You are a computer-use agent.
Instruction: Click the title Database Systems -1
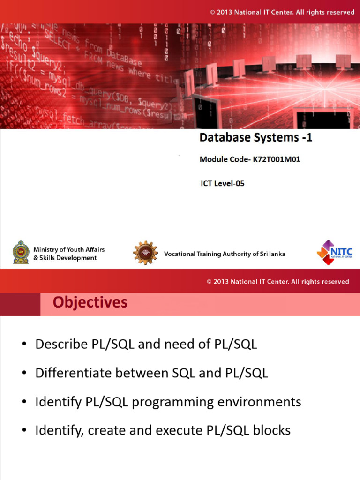[256, 138]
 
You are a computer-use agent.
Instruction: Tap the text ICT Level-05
[223, 184]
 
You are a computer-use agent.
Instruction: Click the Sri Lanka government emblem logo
[21, 253]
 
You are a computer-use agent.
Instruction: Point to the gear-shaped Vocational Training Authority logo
[145, 253]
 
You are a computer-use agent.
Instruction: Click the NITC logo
[334, 252]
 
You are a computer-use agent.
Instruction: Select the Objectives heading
[90, 303]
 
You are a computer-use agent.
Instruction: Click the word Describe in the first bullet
[59, 345]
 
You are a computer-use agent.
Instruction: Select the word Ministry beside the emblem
[46, 249]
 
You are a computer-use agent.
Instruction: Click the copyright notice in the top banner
[282, 12]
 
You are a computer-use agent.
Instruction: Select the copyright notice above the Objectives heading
[278, 282]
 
